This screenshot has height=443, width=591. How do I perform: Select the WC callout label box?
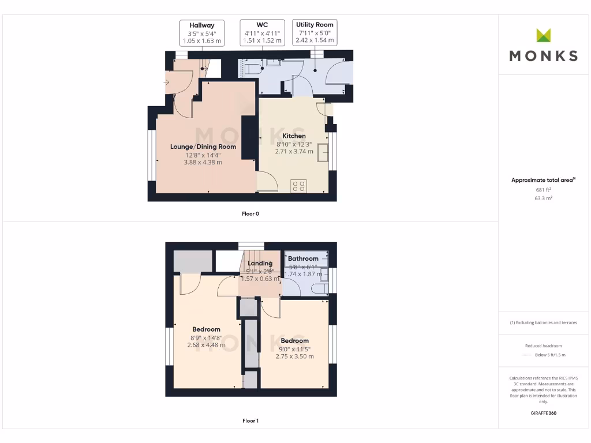(263, 33)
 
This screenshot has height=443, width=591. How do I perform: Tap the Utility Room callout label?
(315, 33)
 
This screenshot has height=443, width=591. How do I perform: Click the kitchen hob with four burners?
(299, 186)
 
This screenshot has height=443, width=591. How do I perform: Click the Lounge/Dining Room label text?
(203, 147)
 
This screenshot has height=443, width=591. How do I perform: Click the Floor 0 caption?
(250, 214)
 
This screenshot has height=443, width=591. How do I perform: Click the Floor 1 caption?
(250, 421)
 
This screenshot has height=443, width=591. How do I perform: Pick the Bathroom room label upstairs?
(303, 258)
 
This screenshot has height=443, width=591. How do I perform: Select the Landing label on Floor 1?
(260, 264)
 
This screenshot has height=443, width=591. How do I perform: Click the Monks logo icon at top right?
(544, 35)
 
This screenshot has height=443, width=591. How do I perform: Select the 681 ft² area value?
(544, 189)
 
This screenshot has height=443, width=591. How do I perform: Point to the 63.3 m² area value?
(544, 198)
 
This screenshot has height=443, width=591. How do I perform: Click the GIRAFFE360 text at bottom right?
(544, 413)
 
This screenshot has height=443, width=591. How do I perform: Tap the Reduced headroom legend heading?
(544, 346)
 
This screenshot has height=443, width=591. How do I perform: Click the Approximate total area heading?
(543, 181)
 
